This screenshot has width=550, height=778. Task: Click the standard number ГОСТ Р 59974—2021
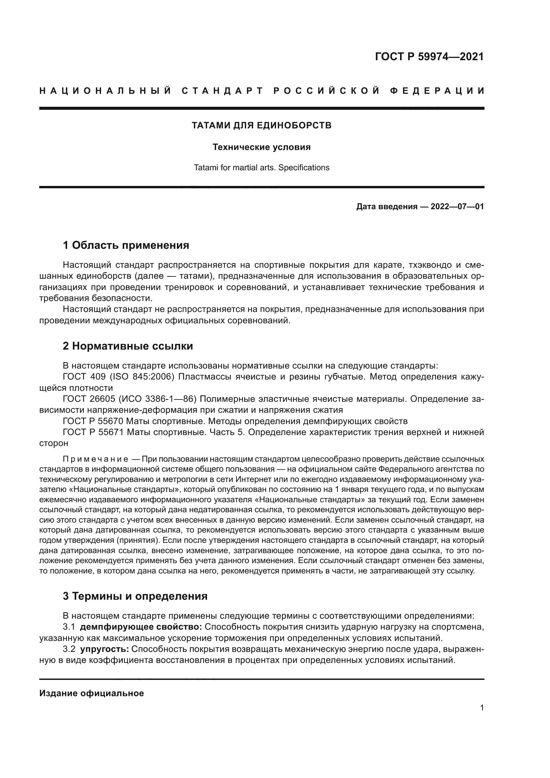(x=429, y=57)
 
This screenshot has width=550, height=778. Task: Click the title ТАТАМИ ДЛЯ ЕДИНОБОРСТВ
(x=261, y=125)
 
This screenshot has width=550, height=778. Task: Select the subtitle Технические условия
(x=261, y=147)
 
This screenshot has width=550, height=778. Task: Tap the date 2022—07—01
(x=457, y=206)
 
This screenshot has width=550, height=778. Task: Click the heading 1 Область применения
(x=126, y=245)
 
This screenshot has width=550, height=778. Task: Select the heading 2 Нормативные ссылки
(x=128, y=346)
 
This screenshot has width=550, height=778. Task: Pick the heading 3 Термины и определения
(x=135, y=596)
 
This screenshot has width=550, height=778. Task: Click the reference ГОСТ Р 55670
(x=93, y=421)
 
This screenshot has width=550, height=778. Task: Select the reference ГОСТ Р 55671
(x=93, y=432)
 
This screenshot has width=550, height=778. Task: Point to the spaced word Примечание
(x=95, y=459)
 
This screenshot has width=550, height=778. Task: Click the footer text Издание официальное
(x=91, y=693)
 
